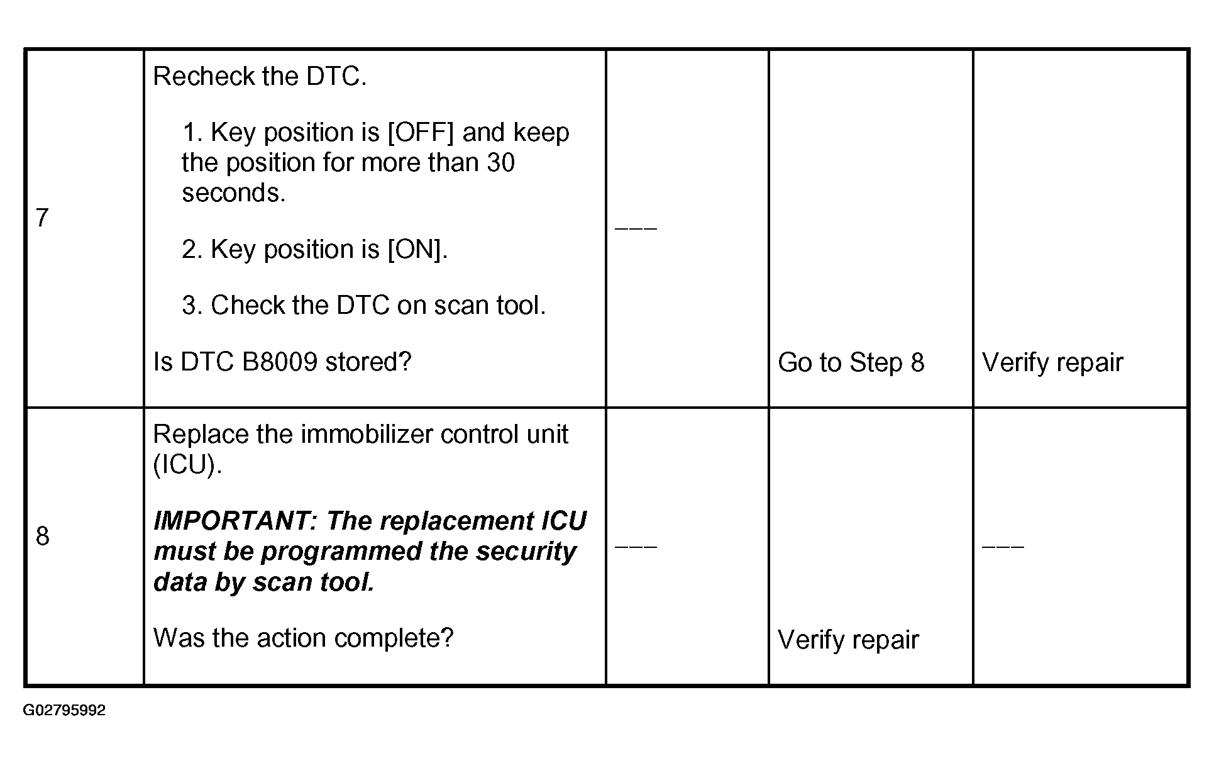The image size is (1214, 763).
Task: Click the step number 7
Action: (42, 218)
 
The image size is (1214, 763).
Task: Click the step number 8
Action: (42, 536)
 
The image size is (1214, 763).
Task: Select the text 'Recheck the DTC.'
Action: (260, 76)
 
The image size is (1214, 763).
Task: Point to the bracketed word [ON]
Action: (417, 250)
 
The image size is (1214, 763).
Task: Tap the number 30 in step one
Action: (501, 162)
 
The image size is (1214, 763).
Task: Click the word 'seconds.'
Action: (234, 192)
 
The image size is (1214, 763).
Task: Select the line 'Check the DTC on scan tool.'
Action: (378, 305)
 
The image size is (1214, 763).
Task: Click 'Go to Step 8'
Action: (851, 362)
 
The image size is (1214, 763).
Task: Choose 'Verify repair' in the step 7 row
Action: (1052, 362)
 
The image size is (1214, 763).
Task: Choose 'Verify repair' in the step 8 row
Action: (848, 640)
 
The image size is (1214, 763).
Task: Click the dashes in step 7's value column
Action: (636, 228)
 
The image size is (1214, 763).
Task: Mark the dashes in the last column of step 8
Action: (1003, 546)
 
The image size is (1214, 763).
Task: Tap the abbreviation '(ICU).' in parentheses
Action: (188, 465)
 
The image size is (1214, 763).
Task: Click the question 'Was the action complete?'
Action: (303, 638)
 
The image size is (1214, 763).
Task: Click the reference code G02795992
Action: (65, 711)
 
